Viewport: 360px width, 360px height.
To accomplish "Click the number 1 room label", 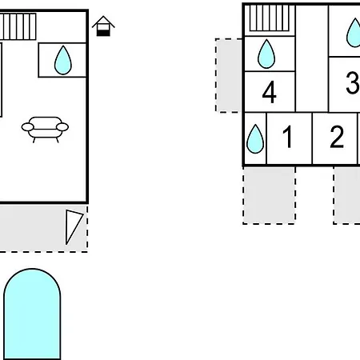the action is click(x=287, y=137).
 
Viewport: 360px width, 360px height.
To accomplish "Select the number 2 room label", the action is click(x=337, y=137).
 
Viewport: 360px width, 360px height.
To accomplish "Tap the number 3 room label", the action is click(x=353, y=82).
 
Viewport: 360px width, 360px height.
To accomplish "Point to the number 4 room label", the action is click(x=270, y=92).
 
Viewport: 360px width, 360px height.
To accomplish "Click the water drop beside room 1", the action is click(x=255, y=139).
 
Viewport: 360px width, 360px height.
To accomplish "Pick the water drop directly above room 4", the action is click(x=266, y=54).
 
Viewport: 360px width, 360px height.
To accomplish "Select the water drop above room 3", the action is click(x=354, y=33).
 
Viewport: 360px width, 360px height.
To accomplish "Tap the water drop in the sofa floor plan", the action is click(x=63, y=60).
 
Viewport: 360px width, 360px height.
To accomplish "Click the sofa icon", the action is click(x=45, y=130).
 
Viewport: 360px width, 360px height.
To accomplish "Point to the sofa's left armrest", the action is click(x=27, y=127).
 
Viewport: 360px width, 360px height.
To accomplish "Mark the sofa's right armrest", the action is click(x=62, y=127).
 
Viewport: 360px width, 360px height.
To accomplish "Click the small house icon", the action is click(x=103, y=26).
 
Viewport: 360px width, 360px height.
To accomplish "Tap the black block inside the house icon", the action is click(x=103, y=33).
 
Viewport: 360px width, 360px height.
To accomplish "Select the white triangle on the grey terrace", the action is click(x=73, y=226).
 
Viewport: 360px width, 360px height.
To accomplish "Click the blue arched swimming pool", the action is click(x=32, y=314).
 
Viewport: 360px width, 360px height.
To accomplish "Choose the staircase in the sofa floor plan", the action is click(x=18, y=26).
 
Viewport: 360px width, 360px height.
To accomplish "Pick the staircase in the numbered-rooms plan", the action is click(x=270, y=18).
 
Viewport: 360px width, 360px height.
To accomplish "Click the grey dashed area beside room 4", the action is click(x=229, y=75).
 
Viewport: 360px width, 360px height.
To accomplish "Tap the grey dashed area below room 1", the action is click(x=269, y=195).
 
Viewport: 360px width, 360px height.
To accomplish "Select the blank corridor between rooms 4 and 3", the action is click(x=312, y=58).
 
